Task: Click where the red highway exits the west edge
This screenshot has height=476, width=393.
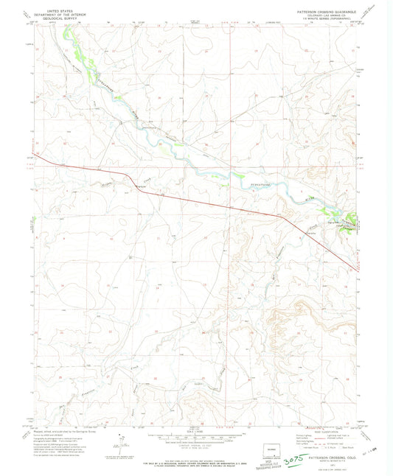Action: tap(33, 154)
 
